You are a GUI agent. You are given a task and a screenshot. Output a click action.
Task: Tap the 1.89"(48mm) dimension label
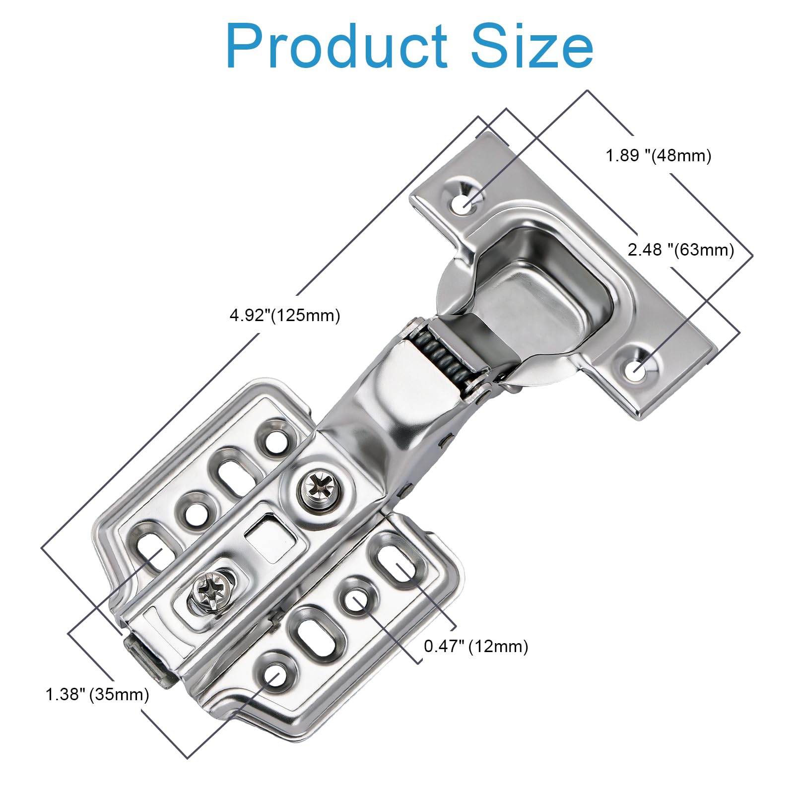(659, 155)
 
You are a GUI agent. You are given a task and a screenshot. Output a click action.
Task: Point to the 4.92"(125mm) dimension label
(285, 315)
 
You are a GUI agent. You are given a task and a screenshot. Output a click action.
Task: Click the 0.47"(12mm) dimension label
(476, 646)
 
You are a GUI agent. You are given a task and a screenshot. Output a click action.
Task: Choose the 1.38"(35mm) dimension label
(97, 694)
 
